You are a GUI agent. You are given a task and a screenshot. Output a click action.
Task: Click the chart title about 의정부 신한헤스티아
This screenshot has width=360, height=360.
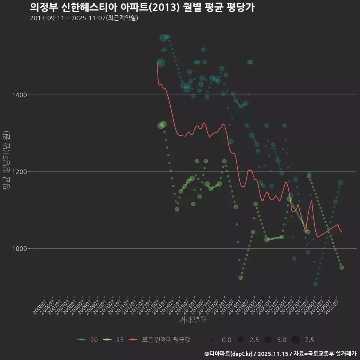tap(142, 7)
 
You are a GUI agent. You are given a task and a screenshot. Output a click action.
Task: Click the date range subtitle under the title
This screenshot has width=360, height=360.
tap(84, 18)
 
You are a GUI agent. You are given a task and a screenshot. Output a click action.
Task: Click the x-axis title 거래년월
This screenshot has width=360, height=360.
tap(193, 320)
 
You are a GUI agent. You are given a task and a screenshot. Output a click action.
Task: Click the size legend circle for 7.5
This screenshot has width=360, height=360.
tap(295, 340)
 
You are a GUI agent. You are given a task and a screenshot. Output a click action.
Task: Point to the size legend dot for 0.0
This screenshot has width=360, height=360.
tap(213, 340)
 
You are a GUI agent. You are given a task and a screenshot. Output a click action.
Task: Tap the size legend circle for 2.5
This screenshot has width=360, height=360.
tap(240, 340)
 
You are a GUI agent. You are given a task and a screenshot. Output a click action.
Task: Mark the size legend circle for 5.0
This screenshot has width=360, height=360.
tap(268, 340)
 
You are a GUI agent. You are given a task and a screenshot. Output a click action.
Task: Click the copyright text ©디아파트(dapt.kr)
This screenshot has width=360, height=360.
tap(229, 354)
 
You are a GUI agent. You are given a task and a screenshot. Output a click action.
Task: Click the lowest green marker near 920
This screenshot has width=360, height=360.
tap(241, 277)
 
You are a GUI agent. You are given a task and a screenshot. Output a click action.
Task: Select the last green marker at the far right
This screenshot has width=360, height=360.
tap(342, 267)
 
